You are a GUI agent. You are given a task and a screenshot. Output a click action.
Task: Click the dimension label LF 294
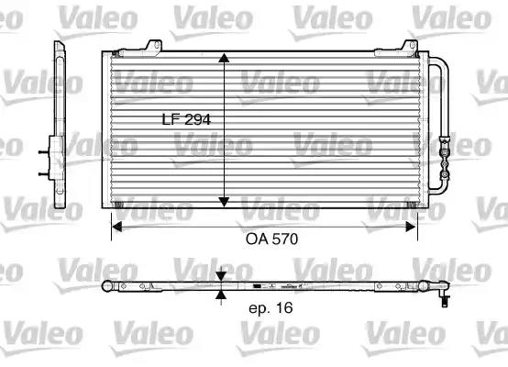coord(186,119)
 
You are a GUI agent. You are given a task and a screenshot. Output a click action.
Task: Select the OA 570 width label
coord(271,239)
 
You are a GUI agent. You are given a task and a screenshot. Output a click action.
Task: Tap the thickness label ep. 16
coord(271,307)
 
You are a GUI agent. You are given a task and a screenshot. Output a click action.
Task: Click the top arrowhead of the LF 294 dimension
coord(224,58)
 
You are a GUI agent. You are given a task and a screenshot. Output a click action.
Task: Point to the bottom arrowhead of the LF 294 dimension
coord(224,202)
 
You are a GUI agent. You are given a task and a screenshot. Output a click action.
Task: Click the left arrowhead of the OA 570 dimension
coord(116,227)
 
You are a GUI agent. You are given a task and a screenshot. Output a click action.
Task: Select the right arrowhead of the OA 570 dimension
coord(411,227)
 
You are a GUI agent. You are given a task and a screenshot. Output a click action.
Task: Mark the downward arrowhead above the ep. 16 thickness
coord(221,276)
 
